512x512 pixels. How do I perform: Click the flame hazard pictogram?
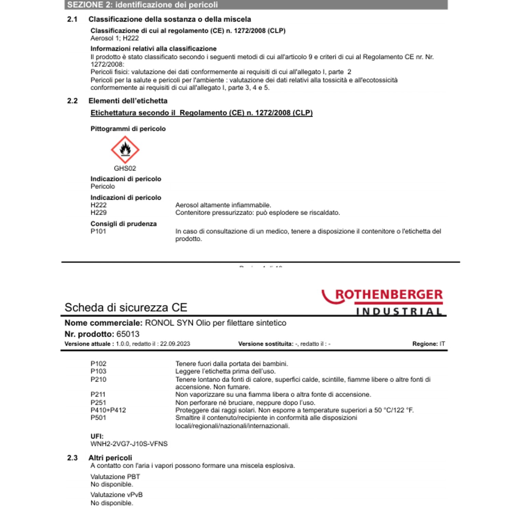point(125,150)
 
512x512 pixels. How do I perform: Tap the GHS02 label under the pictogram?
point(125,168)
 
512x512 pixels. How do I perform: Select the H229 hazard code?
point(99,213)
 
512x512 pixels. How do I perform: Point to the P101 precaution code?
point(98,231)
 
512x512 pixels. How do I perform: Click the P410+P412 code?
point(108,410)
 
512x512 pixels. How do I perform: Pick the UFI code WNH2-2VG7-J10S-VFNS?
point(129,444)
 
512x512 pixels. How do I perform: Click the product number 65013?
point(128,334)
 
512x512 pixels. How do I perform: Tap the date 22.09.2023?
point(175,344)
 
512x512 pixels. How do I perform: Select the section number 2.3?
point(72,458)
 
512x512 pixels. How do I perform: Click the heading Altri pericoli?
point(110,458)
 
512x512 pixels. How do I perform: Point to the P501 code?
point(98,417)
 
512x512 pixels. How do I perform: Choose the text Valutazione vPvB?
point(116,495)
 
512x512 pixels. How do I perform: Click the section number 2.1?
point(72,19)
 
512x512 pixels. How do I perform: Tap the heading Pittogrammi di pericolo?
point(128,129)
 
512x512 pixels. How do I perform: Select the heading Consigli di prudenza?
point(124,224)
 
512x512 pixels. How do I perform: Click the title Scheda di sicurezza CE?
point(126,307)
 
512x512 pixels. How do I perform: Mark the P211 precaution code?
point(98,395)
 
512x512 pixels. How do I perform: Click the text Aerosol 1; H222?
point(115,38)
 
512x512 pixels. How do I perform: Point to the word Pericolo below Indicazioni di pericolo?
point(103,186)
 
